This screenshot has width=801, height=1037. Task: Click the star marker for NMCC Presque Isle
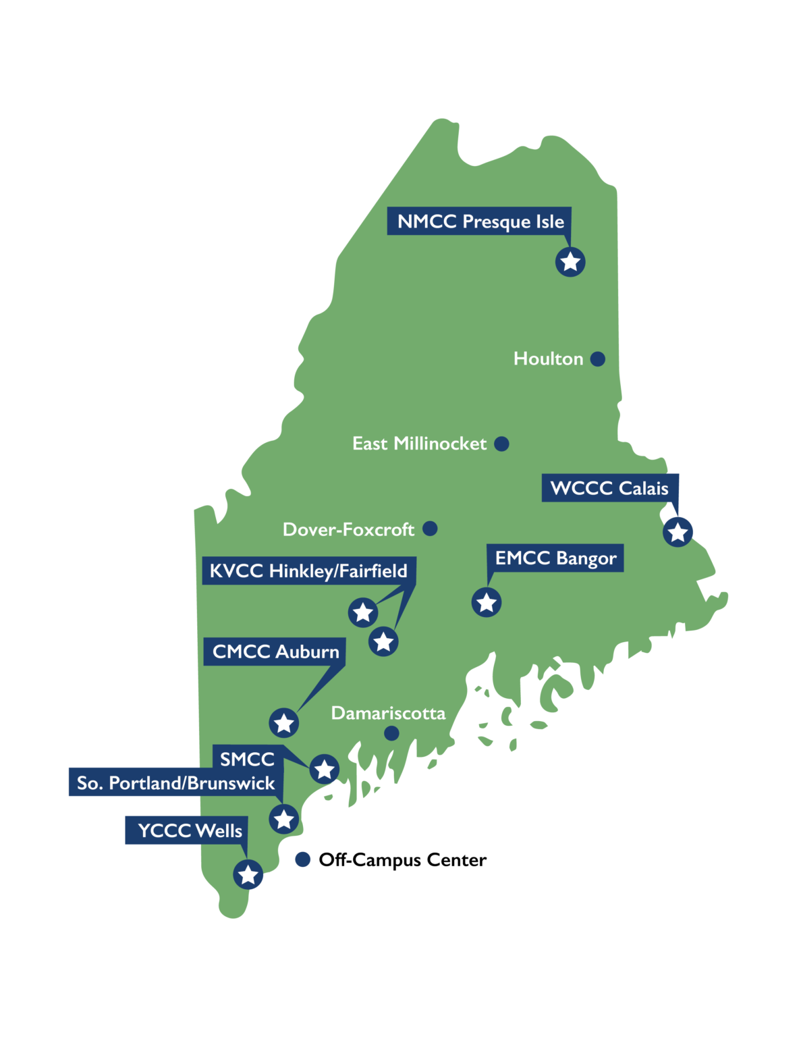point(570,261)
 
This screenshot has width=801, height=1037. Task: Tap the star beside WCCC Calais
point(678,532)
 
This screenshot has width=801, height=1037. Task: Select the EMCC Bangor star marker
point(487,602)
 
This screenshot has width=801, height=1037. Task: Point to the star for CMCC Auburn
point(283,723)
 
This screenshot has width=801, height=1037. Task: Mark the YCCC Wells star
point(248,874)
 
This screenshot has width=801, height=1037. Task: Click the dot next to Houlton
point(597,358)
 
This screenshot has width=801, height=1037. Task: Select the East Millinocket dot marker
point(501,444)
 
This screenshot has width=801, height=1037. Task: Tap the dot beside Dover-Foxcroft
point(430,529)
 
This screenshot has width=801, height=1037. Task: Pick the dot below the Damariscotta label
point(391,733)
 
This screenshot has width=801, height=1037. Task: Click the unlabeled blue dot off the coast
point(303,859)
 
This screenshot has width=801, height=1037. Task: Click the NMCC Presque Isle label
point(480,221)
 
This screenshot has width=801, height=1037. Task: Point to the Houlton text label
point(548,358)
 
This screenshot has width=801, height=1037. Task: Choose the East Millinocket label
point(419,444)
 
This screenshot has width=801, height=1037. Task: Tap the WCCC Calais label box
point(609,488)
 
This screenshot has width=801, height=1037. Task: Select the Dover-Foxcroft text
point(348,529)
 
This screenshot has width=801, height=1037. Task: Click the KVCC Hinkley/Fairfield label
point(308,571)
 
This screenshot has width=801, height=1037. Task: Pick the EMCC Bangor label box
point(555,558)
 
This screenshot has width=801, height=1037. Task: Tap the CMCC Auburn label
point(275,652)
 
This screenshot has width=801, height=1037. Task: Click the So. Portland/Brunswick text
point(175,783)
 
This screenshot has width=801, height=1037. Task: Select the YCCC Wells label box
point(189,830)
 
